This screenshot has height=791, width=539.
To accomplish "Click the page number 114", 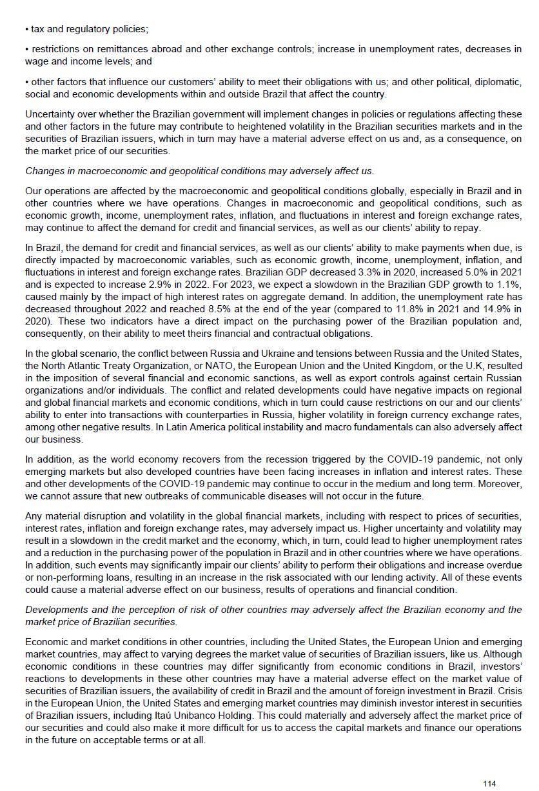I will pos(489,783).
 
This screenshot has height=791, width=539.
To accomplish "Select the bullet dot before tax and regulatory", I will pos(27,29).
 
